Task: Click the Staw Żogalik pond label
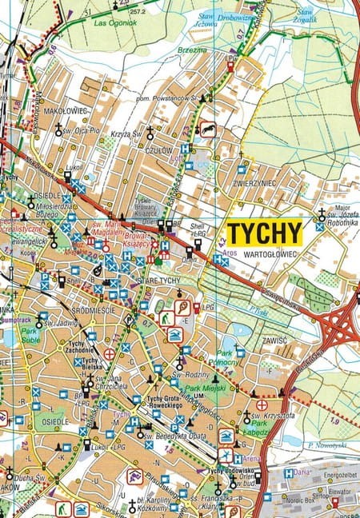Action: click(305, 15)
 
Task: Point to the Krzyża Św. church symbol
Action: click(149, 137)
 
